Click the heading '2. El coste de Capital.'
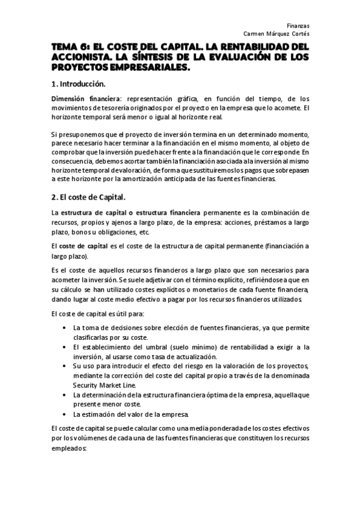(x=88, y=196)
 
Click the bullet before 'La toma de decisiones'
(x=64, y=328)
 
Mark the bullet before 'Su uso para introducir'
(x=64, y=366)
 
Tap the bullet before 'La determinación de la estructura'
(x=64, y=395)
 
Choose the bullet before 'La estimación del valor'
(x=64, y=414)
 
